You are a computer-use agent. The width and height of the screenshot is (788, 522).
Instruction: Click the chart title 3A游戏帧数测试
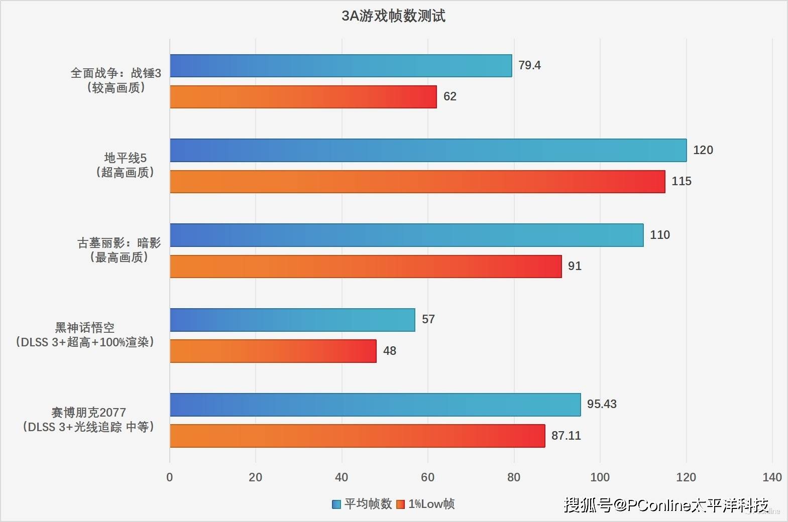tap(393, 16)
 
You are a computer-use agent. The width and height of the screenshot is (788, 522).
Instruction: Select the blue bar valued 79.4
tap(341, 66)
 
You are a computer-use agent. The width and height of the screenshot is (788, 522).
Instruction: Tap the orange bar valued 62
tap(303, 97)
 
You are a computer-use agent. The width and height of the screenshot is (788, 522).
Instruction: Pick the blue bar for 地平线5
tap(428, 151)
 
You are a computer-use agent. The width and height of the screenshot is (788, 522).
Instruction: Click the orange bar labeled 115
tap(417, 182)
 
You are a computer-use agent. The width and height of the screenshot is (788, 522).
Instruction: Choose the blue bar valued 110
tap(406, 235)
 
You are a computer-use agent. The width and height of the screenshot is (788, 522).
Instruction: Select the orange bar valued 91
tap(365, 267)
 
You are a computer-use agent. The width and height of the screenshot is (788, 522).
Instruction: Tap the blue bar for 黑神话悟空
tap(292, 320)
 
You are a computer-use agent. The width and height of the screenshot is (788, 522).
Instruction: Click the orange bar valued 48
tap(273, 351)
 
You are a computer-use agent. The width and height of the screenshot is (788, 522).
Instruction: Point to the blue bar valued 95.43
tap(375, 405)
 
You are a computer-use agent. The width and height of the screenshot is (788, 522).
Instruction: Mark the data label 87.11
tap(566, 436)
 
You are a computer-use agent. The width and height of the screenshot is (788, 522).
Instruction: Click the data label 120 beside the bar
tap(703, 150)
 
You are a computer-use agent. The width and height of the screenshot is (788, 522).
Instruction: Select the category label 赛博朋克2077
tap(88, 413)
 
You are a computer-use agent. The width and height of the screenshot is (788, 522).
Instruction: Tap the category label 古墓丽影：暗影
tap(119, 243)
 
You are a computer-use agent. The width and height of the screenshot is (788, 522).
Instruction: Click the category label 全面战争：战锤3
tap(116, 73)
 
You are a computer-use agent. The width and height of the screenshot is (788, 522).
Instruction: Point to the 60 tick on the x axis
tap(427, 477)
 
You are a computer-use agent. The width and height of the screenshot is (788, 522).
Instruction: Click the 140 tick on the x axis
tap(771, 477)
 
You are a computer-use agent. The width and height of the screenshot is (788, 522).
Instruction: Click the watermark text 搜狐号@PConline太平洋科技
tap(665, 505)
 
